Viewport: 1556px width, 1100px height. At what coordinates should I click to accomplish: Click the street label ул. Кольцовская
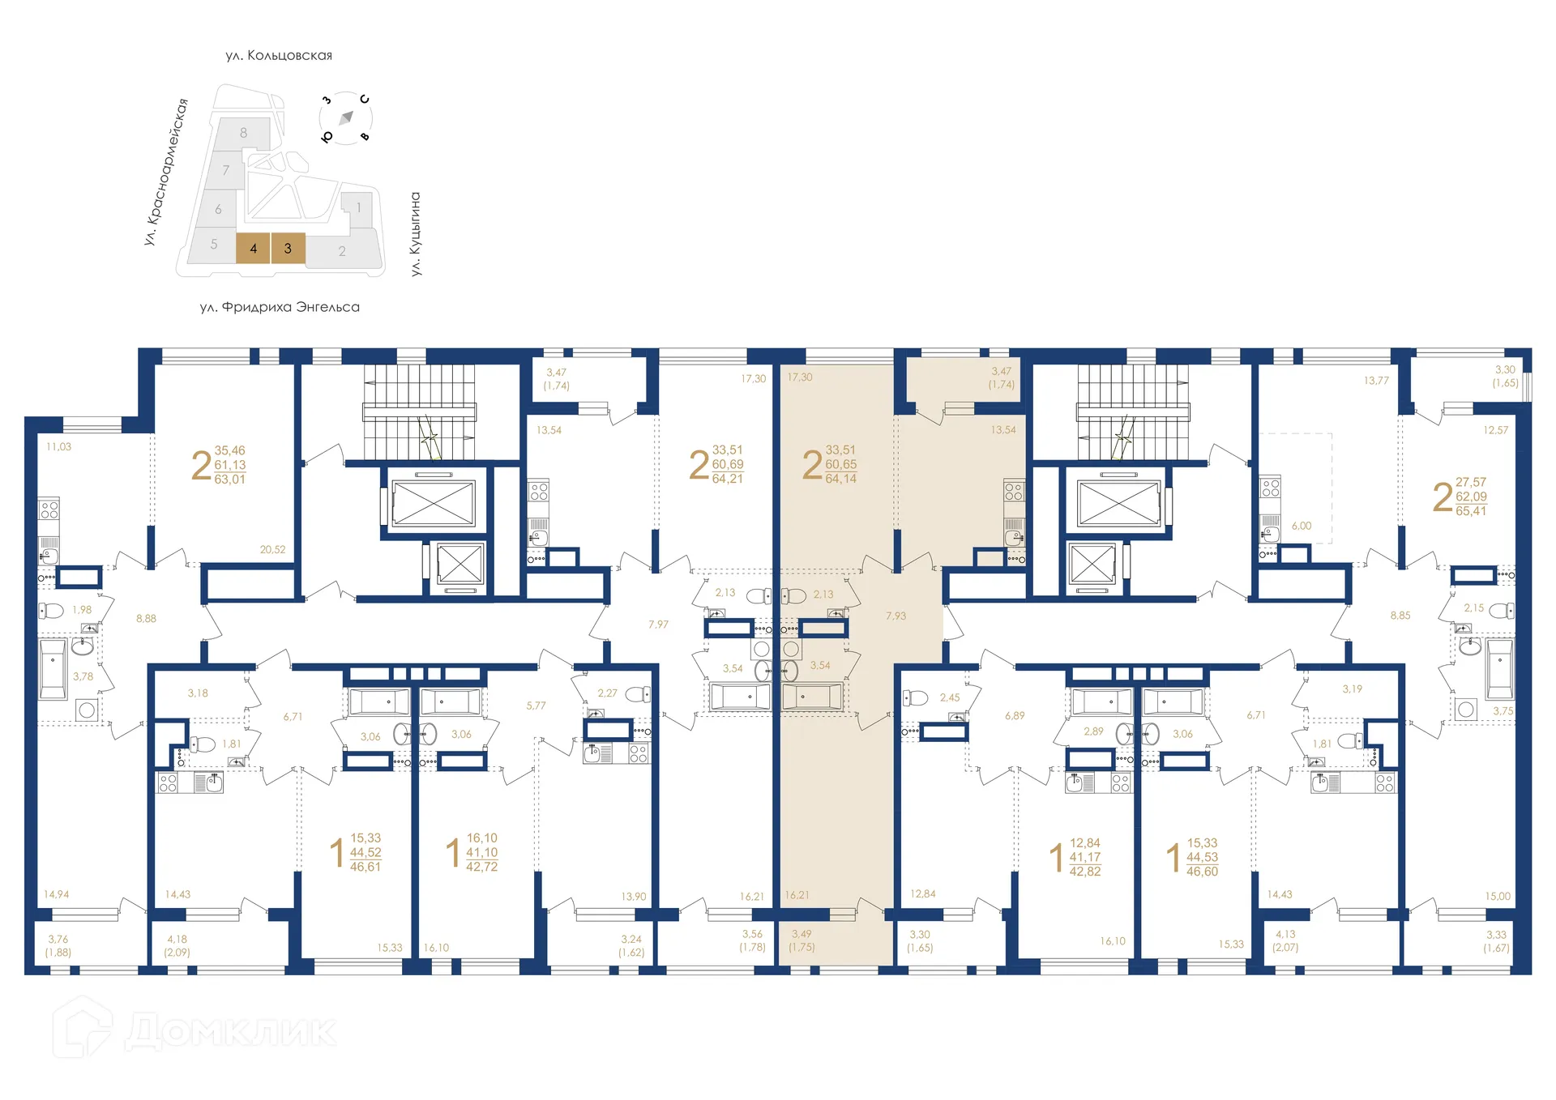pos(279,55)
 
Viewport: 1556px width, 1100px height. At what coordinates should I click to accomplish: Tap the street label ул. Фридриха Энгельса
pos(280,307)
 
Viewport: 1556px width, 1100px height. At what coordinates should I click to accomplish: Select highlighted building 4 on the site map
pos(253,249)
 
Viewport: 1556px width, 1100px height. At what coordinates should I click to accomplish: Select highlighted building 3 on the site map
pos(288,249)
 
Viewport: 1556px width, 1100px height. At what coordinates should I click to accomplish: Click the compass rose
pos(346,118)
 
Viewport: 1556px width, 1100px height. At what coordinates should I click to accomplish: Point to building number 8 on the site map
pos(243,133)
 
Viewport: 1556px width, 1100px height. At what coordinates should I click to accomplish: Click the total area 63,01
pos(229,480)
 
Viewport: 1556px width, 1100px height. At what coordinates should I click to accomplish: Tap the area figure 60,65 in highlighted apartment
pos(840,464)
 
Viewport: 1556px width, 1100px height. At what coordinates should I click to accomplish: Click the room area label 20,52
pos(272,549)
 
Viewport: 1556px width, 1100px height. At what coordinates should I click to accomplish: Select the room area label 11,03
pos(58,446)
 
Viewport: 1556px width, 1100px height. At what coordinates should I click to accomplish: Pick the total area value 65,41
pos(1471,511)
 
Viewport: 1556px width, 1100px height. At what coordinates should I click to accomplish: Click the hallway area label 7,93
pos(896,616)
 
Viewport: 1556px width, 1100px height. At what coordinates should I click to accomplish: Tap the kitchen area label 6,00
pos(1301,526)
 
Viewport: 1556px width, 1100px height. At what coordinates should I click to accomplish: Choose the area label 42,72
pos(481,867)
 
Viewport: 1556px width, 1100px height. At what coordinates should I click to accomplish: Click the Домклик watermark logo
pos(194,1030)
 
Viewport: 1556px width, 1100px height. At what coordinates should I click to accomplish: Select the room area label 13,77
pos(1375,380)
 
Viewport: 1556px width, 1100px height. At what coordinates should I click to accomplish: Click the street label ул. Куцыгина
pos(416,234)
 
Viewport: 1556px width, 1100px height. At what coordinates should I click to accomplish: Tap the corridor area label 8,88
pos(146,618)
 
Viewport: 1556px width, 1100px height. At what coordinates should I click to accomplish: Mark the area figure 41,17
pos(1084,857)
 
